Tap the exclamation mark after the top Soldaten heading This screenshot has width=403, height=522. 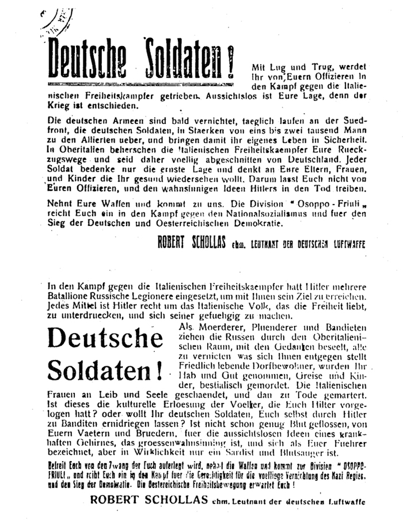(231, 62)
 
